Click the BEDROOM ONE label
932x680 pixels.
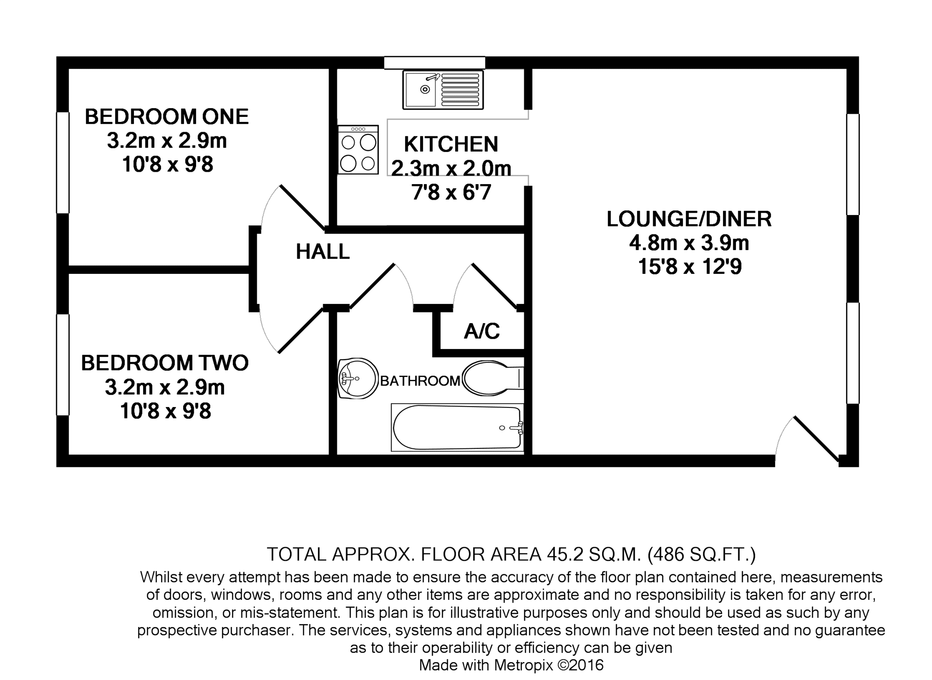[x=167, y=116]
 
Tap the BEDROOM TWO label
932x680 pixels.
[x=165, y=363]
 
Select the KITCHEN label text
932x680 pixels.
[x=451, y=144]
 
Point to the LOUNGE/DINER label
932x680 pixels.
[x=689, y=219]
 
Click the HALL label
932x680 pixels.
[x=323, y=252]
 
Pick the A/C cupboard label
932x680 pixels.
[x=482, y=331]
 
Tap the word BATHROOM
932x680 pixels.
[x=420, y=381]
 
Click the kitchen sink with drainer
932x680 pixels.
[x=443, y=90]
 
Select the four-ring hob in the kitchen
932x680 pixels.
[x=358, y=150]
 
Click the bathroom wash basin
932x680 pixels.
[x=357, y=378]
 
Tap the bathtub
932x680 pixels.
[x=457, y=427]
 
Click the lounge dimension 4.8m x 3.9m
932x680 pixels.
[x=689, y=243]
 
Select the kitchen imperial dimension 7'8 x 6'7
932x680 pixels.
[x=451, y=192]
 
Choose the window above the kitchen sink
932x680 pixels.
[x=434, y=63]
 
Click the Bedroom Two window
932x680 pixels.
[x=63, y=365]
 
